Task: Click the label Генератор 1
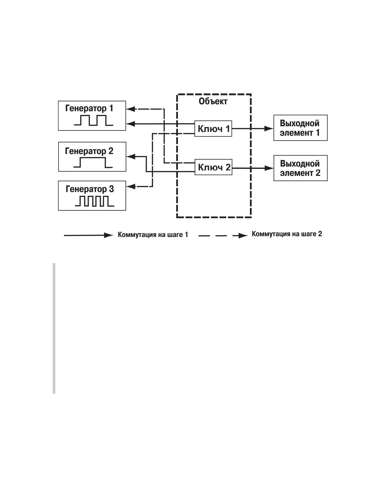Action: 89,109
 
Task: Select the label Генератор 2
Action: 89,151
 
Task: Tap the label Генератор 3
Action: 90,189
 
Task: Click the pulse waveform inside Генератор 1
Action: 94,120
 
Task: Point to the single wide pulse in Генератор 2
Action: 93,163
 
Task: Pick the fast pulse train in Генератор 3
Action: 95,201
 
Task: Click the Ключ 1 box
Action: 213,128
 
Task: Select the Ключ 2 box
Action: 213,167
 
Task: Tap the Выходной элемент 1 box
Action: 300,128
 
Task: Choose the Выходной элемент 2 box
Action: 300,168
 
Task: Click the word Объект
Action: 213,101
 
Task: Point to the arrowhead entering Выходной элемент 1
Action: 269,128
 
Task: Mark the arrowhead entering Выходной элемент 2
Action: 269,168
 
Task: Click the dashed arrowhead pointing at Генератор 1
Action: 131,109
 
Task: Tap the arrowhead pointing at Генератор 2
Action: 131,156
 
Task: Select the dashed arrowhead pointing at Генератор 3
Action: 131,186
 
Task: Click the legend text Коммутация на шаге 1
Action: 153,235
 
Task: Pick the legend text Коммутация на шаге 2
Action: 287,234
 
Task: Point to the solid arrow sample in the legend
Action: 89,235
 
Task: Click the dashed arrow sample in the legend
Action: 223,236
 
